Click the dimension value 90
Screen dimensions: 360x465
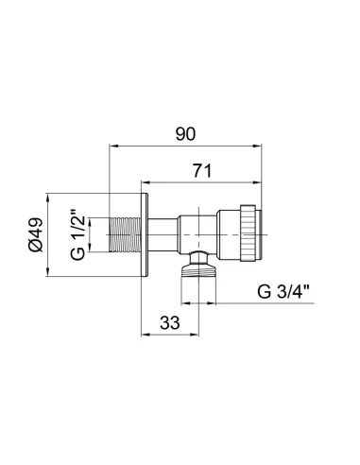185,134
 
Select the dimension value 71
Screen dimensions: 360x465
202,171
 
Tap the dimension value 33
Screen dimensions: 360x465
170,322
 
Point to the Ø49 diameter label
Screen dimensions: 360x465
35,234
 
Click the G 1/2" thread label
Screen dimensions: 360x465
77,234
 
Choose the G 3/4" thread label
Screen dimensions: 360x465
283,291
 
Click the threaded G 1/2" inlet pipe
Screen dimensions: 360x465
125,234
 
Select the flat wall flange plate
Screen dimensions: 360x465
145,234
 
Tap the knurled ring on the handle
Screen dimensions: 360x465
248,232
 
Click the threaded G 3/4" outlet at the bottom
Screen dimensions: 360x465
198,270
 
